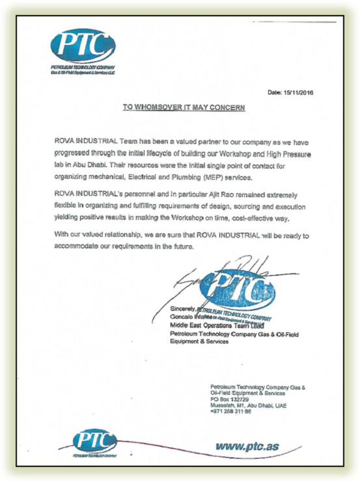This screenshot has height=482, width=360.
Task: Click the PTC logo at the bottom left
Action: tap(94, 442)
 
